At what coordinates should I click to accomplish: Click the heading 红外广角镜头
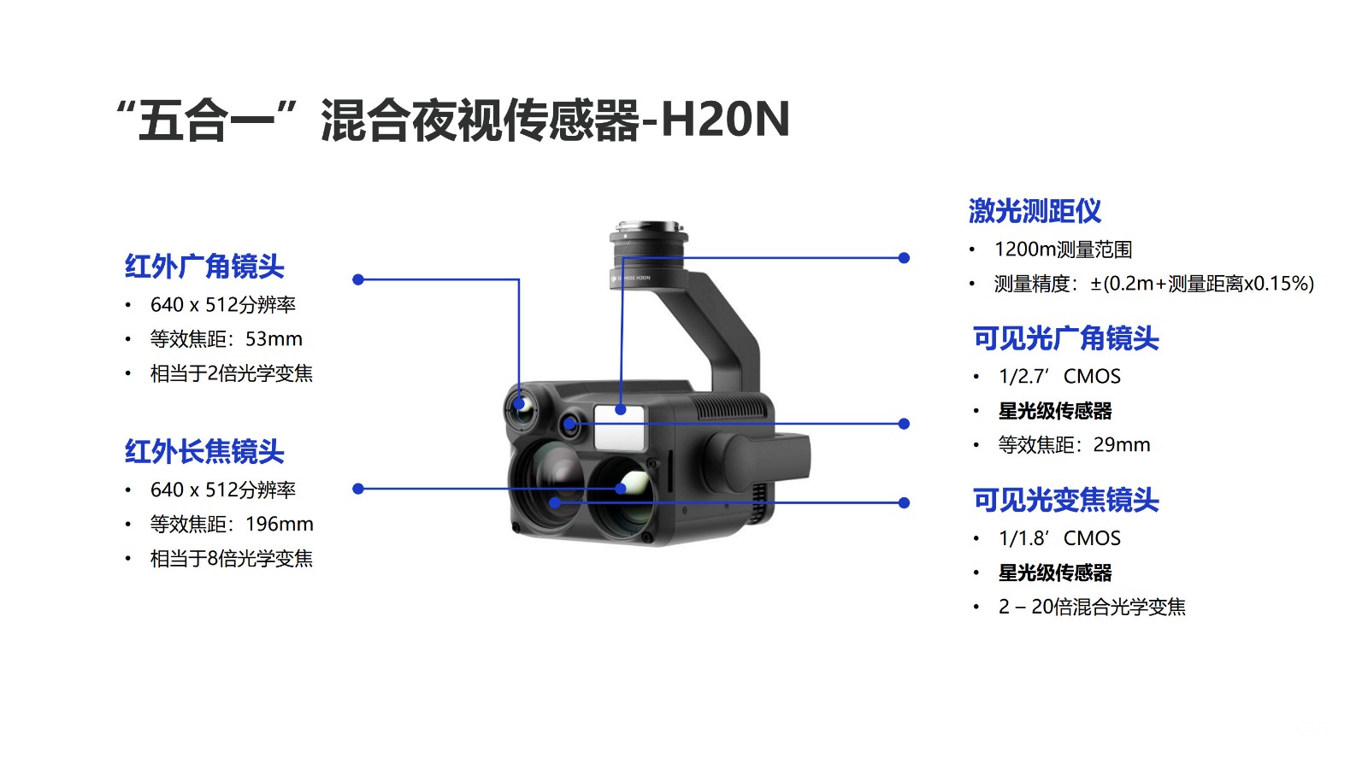(204, 267)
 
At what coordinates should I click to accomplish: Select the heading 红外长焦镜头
(204, 452)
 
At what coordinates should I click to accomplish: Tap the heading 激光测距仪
(1035, 211)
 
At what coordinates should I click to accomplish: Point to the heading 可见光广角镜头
(1065, 338)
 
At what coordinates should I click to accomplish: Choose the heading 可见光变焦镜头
(1065, 501)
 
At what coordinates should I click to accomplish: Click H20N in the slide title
(726, 119)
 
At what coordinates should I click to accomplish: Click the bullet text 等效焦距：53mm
(226, 338)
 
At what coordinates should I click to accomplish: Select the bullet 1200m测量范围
(1064, 249)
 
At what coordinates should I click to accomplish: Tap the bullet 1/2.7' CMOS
(1059, 376)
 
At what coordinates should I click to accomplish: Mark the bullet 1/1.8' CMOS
(1059, 537)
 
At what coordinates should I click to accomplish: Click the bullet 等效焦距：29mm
(1074, 444)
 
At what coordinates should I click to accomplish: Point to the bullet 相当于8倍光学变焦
(232, 559)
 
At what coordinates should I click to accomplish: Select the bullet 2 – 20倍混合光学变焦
(1092, 607)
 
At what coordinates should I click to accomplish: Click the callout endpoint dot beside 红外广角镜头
(358, 279)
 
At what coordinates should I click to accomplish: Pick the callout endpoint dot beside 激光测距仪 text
(904, 257)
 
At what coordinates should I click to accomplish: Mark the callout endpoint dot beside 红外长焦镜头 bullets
(358, 488)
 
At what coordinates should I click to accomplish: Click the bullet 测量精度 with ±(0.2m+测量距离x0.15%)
(1153, 283)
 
